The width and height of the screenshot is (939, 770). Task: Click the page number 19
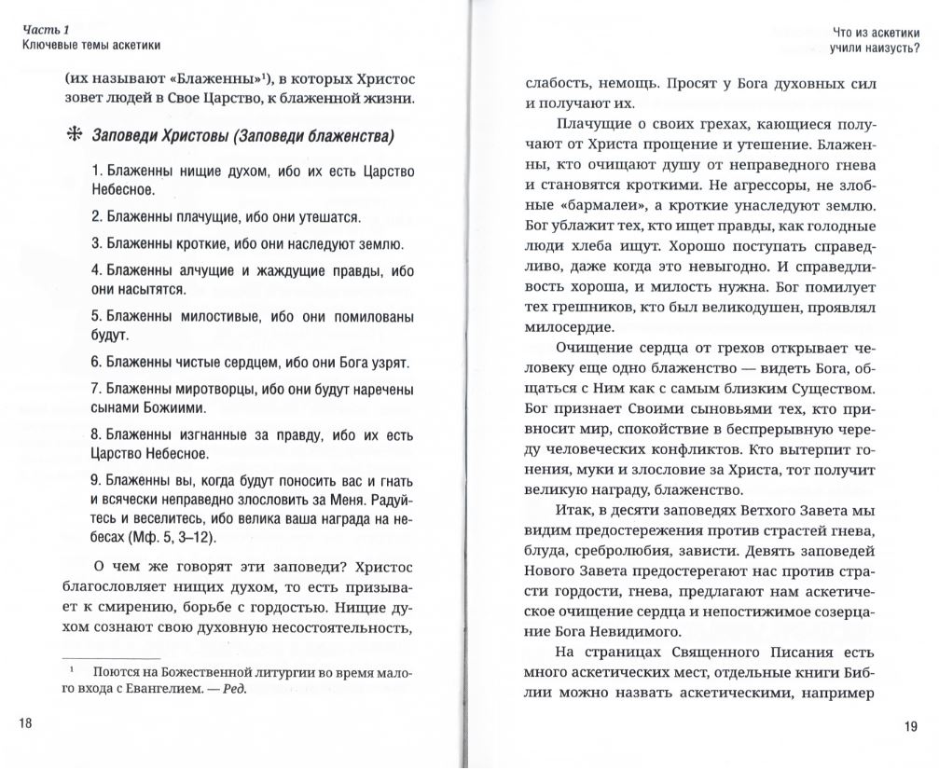(911, 727)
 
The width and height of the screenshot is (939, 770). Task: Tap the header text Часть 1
(41, 31)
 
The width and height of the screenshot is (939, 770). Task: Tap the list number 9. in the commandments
(97, 481)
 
